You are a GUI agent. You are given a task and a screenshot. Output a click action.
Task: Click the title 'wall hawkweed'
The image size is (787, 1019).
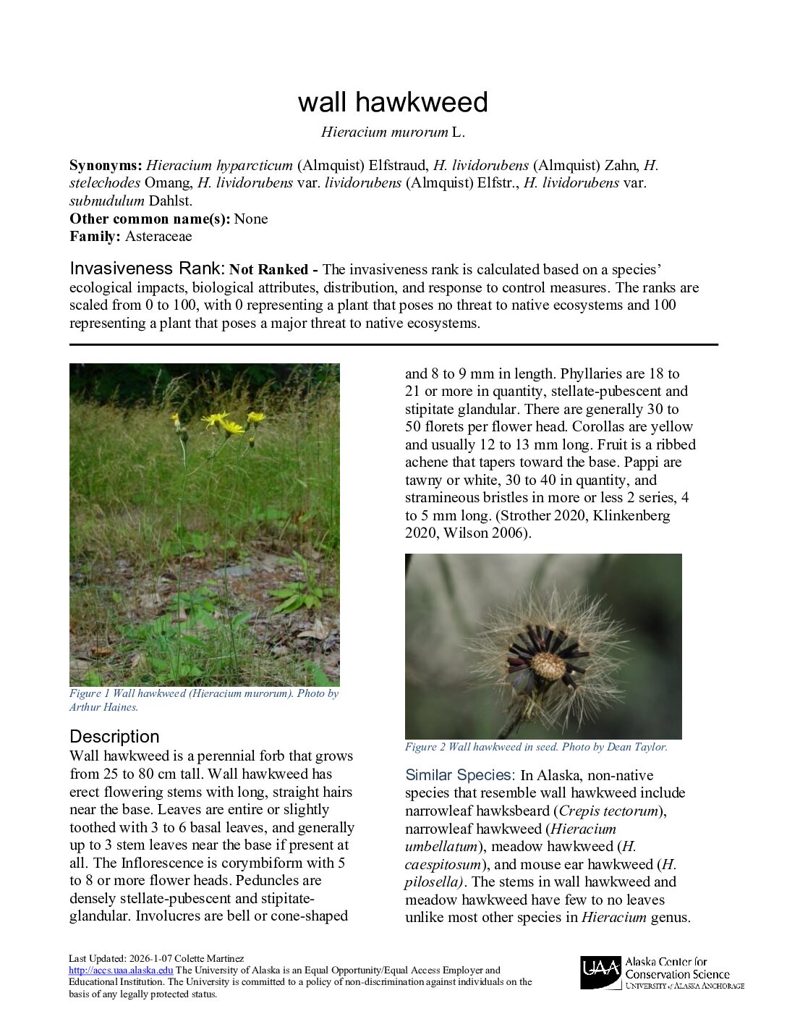click(393, 102)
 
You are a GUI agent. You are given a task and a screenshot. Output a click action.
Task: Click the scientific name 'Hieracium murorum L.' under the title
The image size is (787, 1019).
click(393, 132)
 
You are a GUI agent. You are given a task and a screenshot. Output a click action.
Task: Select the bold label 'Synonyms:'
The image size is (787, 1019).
click(106, 166)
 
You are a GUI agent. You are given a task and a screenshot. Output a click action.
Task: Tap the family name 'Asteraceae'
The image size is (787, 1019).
click(158, 237)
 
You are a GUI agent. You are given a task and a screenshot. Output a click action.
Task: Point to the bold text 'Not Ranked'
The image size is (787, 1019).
click(268, 270)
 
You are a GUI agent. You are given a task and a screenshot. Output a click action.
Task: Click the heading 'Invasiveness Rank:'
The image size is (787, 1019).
click(148, 269)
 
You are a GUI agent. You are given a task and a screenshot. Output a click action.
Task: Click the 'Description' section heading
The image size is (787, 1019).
click(114, 737)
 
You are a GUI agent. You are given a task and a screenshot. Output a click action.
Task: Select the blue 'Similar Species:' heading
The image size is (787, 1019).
click(460, 775)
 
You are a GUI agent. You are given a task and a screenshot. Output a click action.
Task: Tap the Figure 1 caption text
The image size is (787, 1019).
click(203, 700)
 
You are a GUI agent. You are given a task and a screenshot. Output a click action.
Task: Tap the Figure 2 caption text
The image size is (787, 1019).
click(536, 747)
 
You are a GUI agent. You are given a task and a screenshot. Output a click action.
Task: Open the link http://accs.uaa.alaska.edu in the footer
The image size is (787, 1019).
click(121, 971)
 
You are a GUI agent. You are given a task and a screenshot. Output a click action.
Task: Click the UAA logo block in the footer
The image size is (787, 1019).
click(600, 973)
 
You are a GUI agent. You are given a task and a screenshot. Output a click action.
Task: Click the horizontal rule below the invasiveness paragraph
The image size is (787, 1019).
click(393, 345)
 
